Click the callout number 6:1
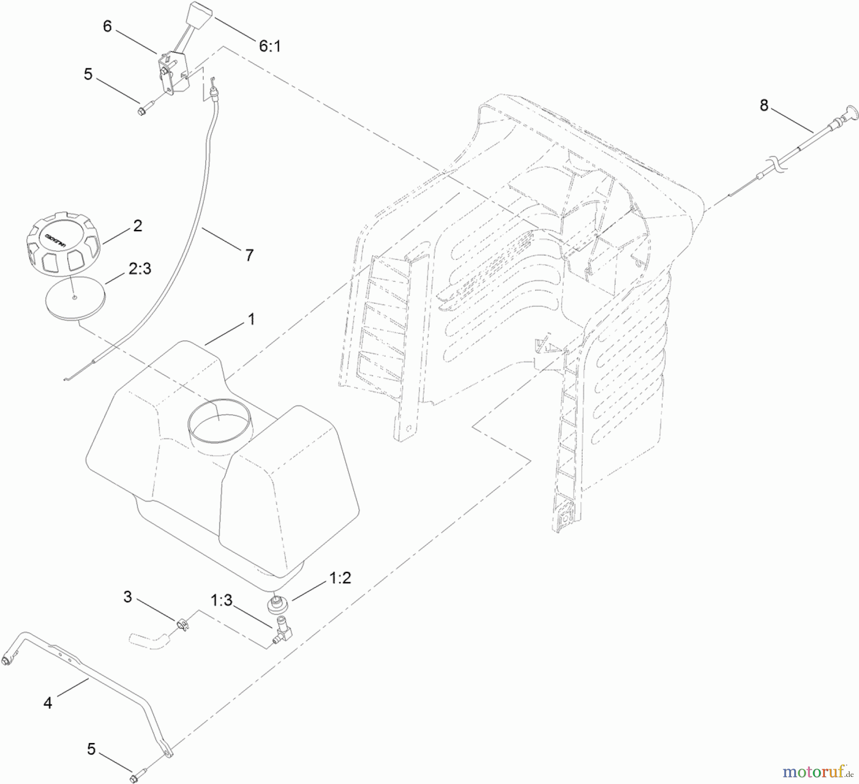pos(270,46)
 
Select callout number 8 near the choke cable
pos(764,105)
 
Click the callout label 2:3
pos(139,268)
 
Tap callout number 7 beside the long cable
pos(249,255)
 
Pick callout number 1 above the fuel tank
pos(251,320)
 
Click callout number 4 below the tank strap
pos(48,702)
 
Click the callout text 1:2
pos(340,578)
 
